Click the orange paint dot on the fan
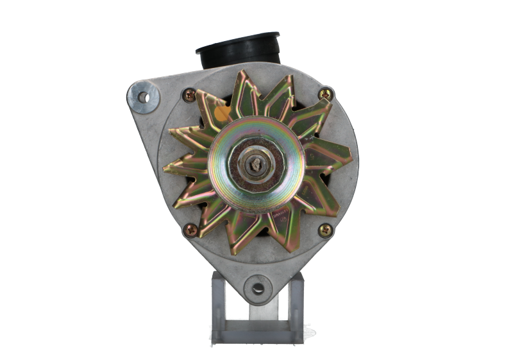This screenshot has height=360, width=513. click(x=223, y=114)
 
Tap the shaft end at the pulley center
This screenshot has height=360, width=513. click(x=258, y=164)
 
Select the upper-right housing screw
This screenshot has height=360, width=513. click(x=326, y=94)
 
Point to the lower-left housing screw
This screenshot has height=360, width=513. click(x=190, y=229)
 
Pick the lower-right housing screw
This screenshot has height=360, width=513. click(x=325, y=229)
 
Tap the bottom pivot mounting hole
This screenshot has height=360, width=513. click(x=258, y=287)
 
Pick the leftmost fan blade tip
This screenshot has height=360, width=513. click(x=165, y=169)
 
